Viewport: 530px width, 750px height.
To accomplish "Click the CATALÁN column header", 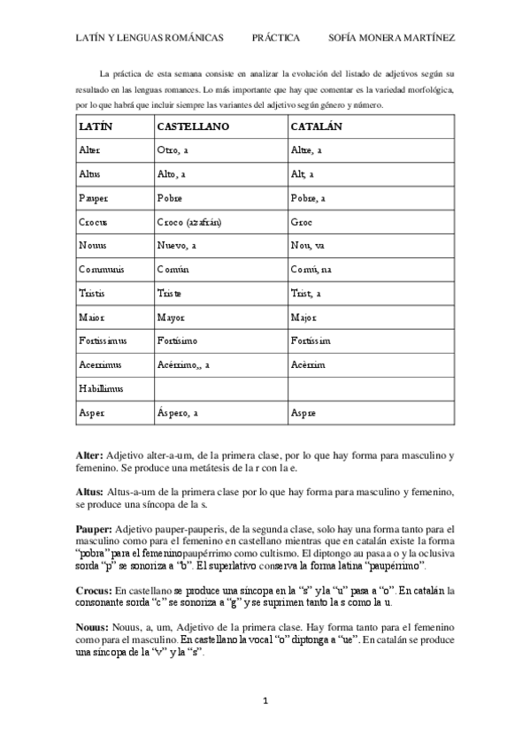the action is (x=316, y=126).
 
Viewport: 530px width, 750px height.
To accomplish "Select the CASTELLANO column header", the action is (x=192, y=126).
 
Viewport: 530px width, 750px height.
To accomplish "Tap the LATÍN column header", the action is (x=96, y=126).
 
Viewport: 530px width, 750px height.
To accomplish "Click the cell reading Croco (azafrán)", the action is (x=188, y=222).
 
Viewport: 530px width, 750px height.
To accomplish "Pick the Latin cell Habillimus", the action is (x=101, y=388).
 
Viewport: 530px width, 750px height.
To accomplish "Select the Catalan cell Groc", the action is (x=302, y=222).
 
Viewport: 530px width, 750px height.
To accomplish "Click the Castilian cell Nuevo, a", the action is (x=177, y=246).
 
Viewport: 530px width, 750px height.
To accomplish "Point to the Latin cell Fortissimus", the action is (x=103, y=341).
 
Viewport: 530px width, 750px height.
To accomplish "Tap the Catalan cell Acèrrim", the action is (x=308, y=364).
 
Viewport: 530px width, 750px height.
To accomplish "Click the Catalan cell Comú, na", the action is (x=311, y=270).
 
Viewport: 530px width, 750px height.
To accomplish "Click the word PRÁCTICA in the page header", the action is (x=276, y=38).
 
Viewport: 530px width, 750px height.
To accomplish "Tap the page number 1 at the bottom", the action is (x=265, y=701).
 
